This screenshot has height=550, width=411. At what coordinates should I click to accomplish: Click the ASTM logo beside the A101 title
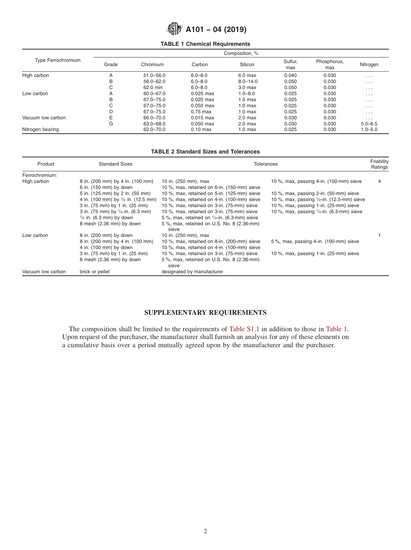click(174, 29)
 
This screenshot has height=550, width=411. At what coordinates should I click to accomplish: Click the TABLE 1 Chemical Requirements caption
click(205, 44)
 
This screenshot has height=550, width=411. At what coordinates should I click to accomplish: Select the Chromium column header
click(152, 64)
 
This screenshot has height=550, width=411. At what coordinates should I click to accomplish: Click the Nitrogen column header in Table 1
click(369, 64)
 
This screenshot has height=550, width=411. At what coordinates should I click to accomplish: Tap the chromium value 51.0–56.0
click(154, 75)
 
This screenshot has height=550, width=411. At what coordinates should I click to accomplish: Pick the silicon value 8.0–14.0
click(247, 81)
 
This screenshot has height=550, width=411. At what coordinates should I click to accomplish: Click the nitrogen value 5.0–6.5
click(369, 124)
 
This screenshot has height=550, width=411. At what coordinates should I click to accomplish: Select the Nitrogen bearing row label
click(40, 130)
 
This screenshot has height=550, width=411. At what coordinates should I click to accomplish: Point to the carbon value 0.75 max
click(201, 112)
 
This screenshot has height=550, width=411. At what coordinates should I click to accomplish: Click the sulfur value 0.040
click(290, 75)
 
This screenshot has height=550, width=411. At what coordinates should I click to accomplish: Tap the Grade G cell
click(111, 124)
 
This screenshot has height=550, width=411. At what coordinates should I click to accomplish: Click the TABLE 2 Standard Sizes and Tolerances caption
click(205, 152)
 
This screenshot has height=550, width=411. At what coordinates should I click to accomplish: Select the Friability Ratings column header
click(379, 164)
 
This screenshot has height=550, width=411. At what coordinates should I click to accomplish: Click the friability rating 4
click(379, 182)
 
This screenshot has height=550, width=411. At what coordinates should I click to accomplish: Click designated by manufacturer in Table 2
click(192, 272)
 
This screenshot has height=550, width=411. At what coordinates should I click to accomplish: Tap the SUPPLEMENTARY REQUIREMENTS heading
click(205, 313)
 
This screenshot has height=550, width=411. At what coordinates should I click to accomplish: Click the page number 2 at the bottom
click(205, 531)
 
